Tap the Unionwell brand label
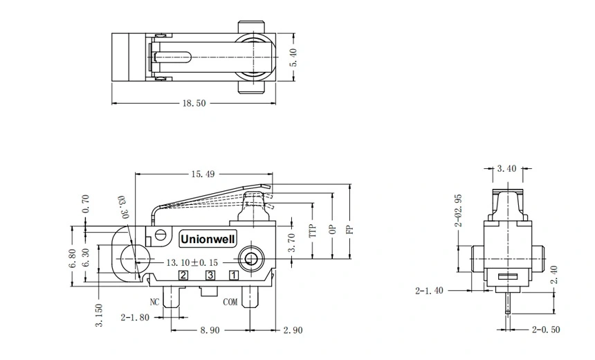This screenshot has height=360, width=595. click(208, 238)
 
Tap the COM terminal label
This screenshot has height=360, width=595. click(230, 302)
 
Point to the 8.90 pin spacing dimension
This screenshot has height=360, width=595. click(210, 331)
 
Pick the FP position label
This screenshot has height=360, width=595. click(350, 230)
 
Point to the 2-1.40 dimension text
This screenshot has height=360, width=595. click(430, 291)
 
